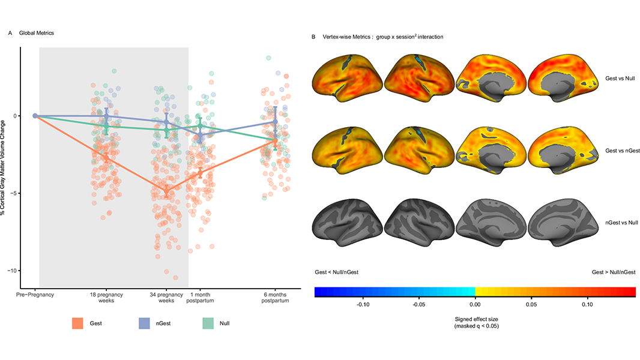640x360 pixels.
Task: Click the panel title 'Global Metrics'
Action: click(x=37, y=33)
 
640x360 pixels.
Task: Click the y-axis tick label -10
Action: click(x=11, y=271)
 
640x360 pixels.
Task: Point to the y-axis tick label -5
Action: click(x=13, y=193)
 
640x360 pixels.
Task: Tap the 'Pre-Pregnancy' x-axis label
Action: click(x=35, y=295)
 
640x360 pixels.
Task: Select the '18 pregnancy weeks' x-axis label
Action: click(x=107, y=298)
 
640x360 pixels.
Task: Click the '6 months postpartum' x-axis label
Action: click(x=275, y=298)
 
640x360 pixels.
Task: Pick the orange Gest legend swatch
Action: click(x=78, y=323)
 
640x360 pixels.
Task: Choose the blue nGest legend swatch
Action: click(x=145, y=323)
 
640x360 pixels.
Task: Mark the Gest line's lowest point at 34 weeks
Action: click(x=166, y=191)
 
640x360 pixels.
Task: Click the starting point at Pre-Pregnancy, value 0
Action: click(x=35, y=116)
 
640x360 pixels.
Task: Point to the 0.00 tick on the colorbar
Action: click(x=475, y=305)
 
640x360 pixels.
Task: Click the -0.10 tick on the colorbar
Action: click(x=363, y=305)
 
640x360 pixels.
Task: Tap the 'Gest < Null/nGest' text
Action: click(x=337, y=272)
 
